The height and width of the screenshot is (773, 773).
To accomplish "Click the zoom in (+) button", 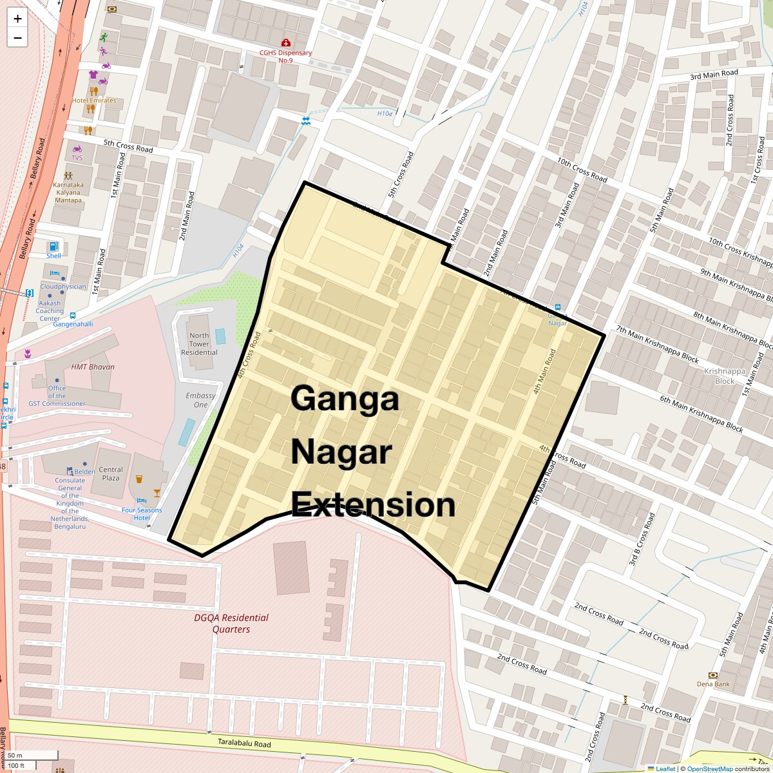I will point(17,19).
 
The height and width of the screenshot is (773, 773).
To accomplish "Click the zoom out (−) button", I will point(17,38).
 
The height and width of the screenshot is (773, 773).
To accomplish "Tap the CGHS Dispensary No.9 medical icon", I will point(285,43).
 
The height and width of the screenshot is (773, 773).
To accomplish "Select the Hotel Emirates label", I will point(94,100).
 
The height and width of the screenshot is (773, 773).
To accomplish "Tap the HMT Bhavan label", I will point(93,367).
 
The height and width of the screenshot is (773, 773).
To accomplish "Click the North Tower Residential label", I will point(199,344).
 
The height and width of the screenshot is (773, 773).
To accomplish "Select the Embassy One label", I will point(200,400).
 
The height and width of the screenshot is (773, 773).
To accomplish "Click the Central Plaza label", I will point(111,473).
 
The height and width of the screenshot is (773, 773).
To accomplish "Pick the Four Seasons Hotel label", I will point(142,514).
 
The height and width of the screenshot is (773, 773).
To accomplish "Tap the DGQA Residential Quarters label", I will point(231,624).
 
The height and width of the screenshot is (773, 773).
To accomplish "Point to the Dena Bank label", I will point(713,684).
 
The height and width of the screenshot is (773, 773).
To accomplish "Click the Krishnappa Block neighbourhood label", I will point(725,376).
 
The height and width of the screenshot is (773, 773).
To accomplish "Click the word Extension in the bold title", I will point(373,505).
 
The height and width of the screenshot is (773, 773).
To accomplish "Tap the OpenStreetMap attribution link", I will point(709,768).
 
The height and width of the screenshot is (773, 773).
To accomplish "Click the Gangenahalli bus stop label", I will point(73,324).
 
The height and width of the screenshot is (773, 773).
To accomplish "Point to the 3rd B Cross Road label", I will point(642,540).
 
